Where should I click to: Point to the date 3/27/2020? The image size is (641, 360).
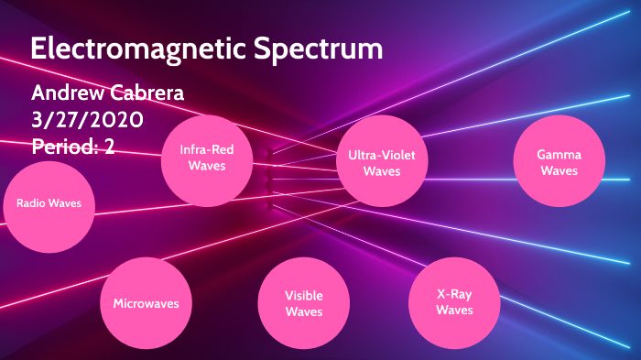86,119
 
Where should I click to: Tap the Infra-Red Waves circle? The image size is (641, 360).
206,158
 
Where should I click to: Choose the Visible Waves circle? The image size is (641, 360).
303,303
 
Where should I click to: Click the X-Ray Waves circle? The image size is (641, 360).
454,302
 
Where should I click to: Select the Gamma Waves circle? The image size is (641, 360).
559,162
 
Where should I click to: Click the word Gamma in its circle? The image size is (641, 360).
559,155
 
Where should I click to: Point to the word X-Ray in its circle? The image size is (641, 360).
454,294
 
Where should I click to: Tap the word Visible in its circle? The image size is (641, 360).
303,296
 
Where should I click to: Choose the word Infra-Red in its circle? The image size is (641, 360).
206,150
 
